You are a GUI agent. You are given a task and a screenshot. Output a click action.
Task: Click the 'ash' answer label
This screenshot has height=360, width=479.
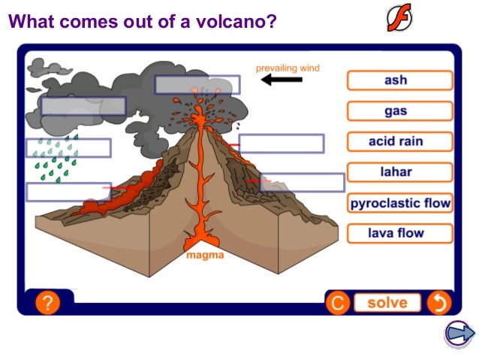tap(399, 80)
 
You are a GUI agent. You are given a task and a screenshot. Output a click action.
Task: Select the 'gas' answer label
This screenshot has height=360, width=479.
tap(399, 111)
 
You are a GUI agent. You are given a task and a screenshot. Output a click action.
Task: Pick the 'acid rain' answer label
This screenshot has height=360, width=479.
tap(399, 141)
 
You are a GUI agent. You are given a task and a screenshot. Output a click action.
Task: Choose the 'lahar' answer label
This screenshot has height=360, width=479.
tap(399, 172)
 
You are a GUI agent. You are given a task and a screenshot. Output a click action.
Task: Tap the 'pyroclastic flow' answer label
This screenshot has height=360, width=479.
tap(399, 203)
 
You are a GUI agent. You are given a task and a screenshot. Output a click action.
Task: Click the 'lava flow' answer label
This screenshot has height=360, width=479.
tap(399, 233)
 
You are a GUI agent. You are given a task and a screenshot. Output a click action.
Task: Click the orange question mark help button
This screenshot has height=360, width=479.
tap(47, 303)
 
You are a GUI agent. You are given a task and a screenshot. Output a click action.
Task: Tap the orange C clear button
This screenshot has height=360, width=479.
tap(337, 303)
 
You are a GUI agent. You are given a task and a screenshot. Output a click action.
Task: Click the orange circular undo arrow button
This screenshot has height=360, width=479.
tap(438, 303)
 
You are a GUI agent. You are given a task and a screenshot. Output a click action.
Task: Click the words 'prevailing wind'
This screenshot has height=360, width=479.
tap(288, 68)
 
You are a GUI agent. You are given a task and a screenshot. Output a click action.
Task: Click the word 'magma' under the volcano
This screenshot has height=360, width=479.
tap(204, 256)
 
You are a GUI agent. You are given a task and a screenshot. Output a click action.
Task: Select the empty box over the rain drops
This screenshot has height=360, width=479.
tap(68, 147)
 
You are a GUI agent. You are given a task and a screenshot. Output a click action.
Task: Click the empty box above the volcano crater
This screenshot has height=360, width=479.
tap(197, 84)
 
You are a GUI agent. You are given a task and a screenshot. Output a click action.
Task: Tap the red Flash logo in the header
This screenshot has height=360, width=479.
tap(399, 17)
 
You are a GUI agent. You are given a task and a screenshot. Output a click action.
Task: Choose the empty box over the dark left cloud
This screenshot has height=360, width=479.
tap(83, 106)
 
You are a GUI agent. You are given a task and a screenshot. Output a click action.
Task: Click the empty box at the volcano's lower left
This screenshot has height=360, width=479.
tap(68, 192)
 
